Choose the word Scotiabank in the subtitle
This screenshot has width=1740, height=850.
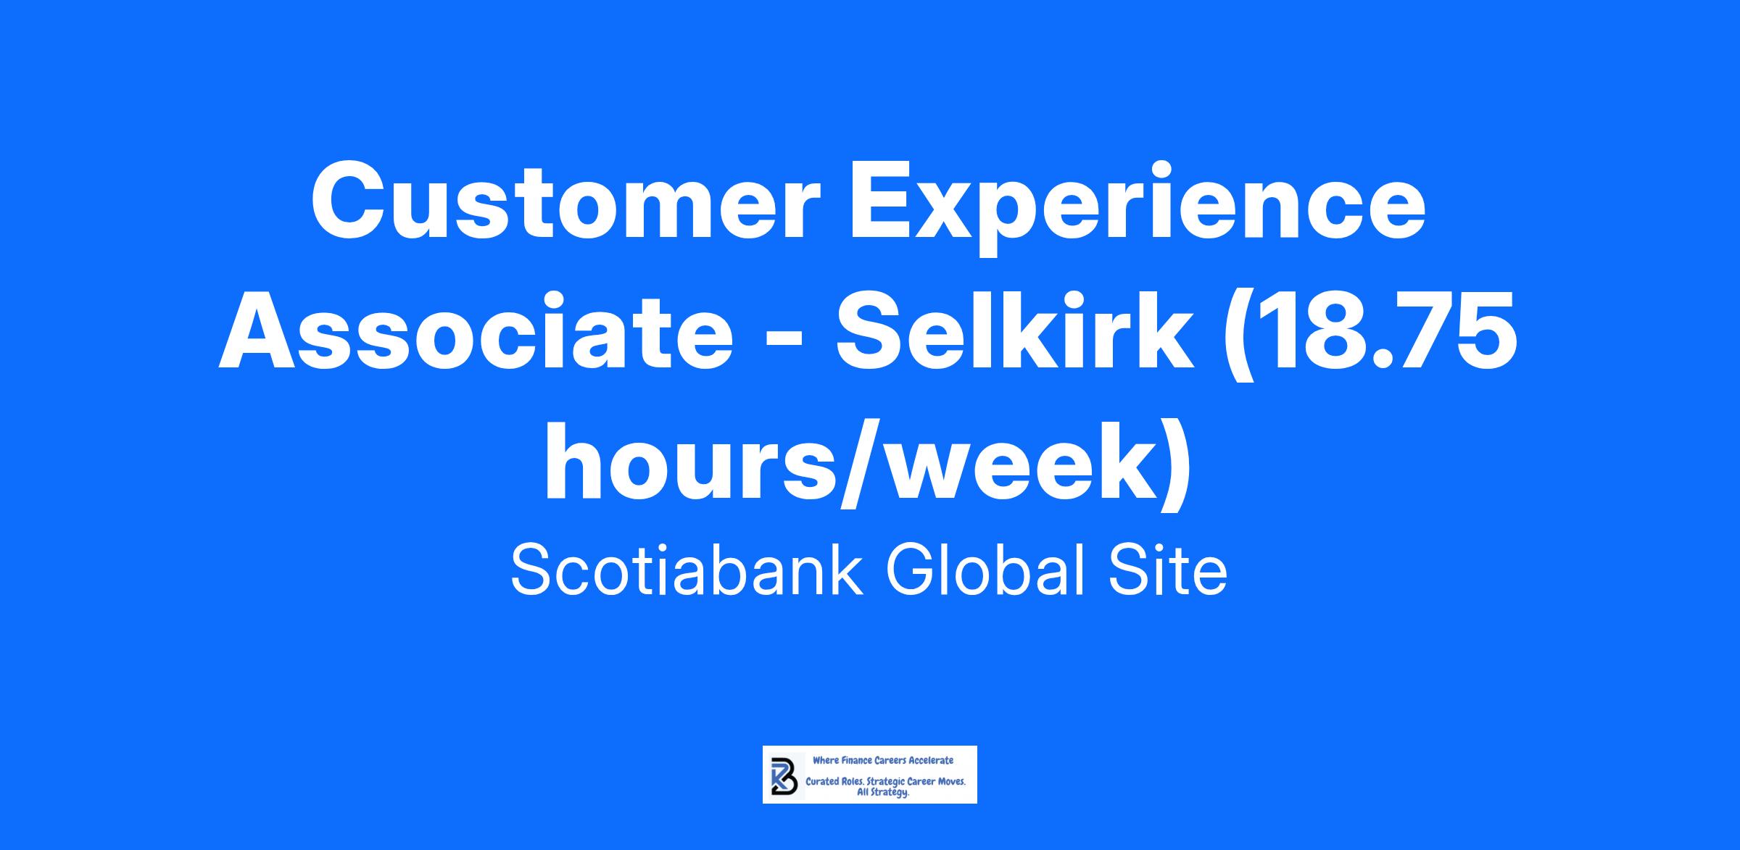687,570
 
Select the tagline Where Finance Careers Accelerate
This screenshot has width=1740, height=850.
883,760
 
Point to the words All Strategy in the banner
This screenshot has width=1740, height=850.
882,793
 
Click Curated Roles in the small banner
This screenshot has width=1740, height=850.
835,783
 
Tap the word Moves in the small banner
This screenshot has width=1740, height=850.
951,783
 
